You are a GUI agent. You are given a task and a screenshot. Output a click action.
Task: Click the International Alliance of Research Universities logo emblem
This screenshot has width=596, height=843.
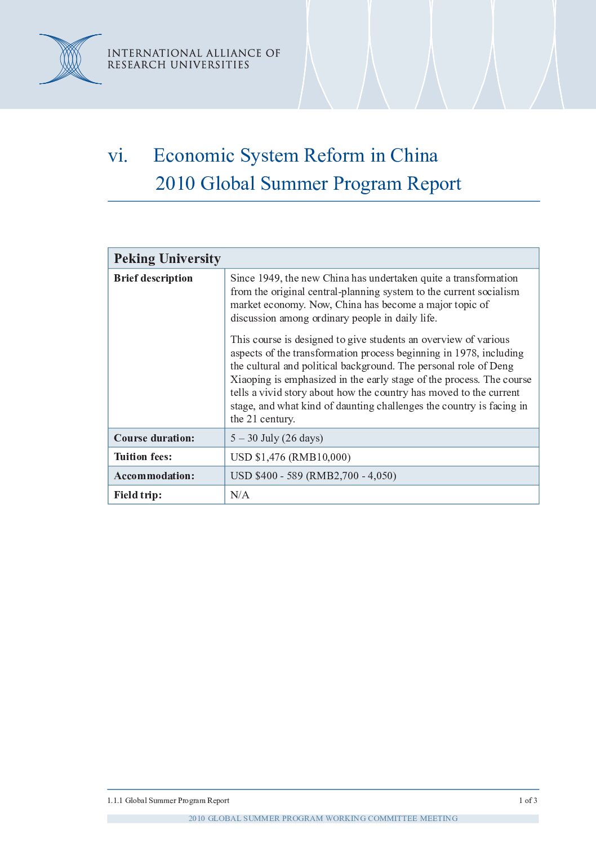point(70,59)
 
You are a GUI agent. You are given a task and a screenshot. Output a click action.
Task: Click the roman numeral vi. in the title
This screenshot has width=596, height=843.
point(118,155)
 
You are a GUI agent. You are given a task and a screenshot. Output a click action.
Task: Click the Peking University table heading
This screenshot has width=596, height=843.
point(167,258)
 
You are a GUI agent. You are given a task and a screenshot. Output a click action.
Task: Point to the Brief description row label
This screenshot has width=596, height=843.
point(153,278)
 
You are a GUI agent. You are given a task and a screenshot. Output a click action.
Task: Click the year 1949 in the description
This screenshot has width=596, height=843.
point(269,278)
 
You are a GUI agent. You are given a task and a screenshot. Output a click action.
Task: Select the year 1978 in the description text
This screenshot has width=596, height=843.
point(465,353)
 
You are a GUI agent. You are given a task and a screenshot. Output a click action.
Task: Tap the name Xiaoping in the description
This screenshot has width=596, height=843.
point(251,380)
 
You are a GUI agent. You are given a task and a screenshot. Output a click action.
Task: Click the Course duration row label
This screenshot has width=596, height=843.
point(154,438)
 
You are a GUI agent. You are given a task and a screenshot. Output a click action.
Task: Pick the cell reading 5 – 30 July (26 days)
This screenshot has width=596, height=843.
point(277,438)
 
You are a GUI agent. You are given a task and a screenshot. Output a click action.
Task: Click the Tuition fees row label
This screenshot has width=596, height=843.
point(143,457)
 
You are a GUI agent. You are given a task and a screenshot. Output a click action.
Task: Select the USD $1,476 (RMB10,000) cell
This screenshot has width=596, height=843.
point(290,457)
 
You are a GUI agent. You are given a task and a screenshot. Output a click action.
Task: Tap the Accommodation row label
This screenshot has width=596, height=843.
point(154,476)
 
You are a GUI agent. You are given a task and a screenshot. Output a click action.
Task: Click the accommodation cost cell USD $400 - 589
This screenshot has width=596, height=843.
point(313,476)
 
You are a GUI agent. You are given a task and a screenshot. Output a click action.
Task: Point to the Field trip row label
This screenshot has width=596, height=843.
point(137,495)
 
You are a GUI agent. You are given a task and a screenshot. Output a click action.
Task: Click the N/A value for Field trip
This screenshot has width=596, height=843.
point(240,495)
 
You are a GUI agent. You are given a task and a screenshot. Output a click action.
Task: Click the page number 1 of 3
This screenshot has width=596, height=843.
point(528,800)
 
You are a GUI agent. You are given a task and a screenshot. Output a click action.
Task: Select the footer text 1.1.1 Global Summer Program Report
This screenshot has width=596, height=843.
point(168,800)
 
